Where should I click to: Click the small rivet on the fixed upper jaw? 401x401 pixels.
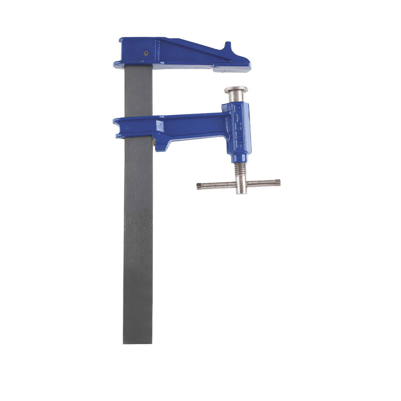pos(146,53)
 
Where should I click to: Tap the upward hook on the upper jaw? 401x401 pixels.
pos(228,47)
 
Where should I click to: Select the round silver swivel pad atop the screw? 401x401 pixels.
pos(236,89)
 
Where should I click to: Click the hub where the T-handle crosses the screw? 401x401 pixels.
pos(241,185)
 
